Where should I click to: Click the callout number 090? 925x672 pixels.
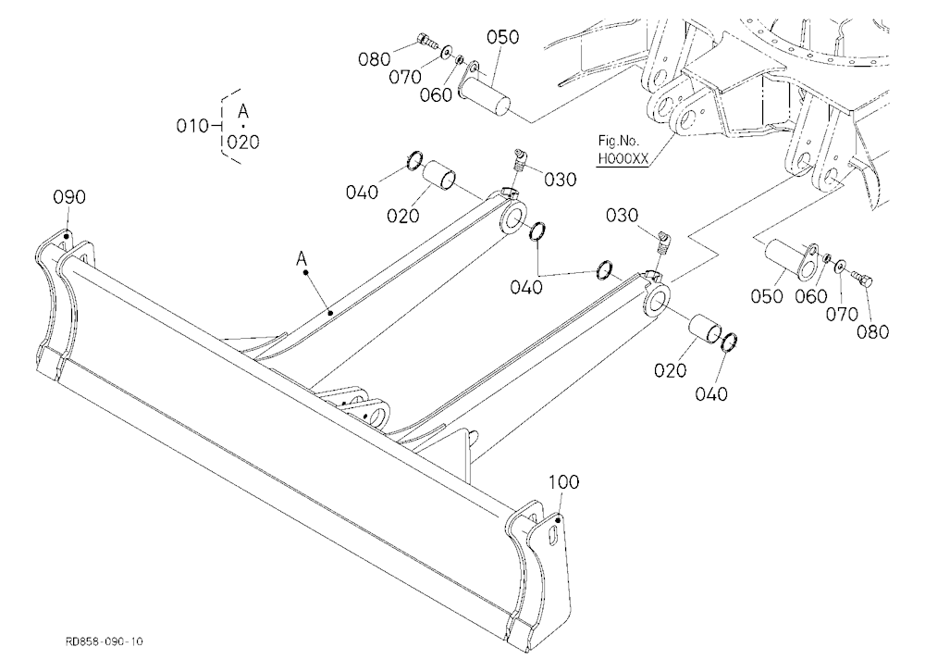click(x=69, y=196)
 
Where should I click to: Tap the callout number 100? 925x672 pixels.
click(x=564, y=482)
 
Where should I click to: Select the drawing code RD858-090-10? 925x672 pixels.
click(x=104, y=641)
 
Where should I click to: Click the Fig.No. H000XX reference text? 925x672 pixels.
click(x=623, y=150)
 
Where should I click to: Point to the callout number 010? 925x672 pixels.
click(x=192, y=126)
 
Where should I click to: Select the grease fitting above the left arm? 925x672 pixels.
click(x=520, y=160)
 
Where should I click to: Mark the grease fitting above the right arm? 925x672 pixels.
click(x=663, y=243)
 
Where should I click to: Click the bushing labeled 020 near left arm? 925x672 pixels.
click(x=439, y=175)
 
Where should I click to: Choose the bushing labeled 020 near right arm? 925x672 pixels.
click(x=705, y=330)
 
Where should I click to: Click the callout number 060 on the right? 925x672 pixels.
click(x=811, y=296)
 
